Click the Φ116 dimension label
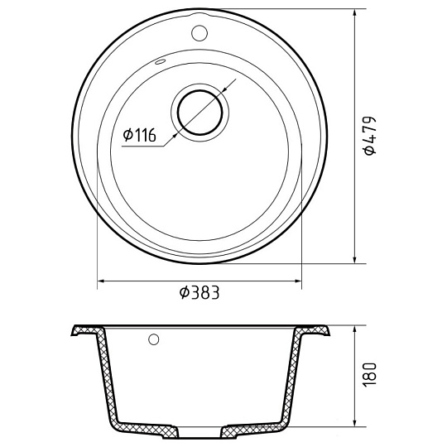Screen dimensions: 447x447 [x=140, y=135]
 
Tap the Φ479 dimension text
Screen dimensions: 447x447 [x=370, y=136]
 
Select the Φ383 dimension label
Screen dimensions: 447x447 [x=199, y=292]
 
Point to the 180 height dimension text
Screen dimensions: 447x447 [x=370, y=374]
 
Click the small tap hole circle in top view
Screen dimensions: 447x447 [x=199, y=33]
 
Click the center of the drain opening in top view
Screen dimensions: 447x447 [x=199, y=113]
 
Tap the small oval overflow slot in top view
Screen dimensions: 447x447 [x=161, y=62]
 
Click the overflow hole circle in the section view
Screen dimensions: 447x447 [x=154, y=339]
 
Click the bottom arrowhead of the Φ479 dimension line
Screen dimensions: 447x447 [x=354, y=258]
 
